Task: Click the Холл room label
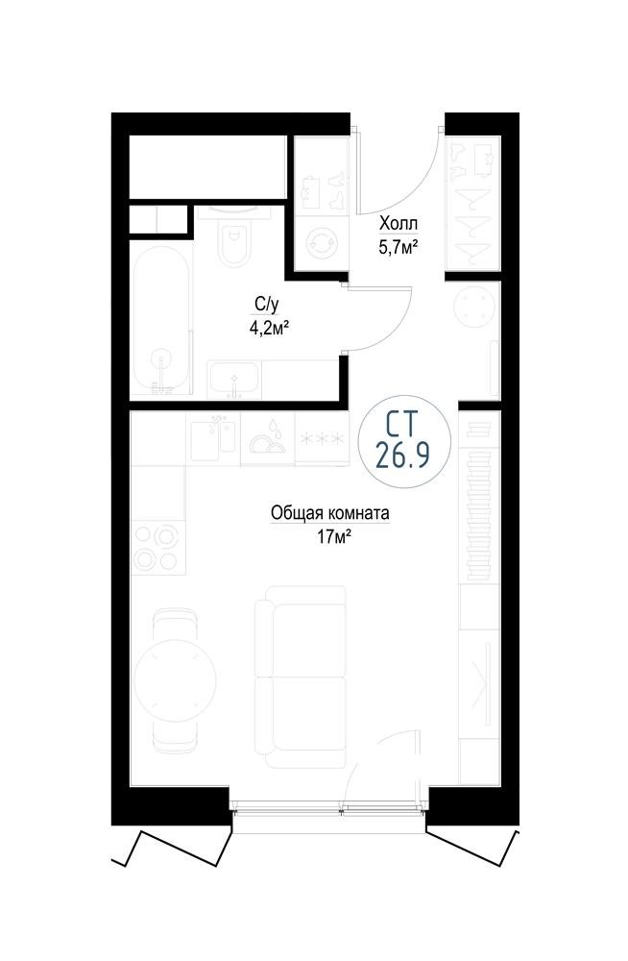(399, 222)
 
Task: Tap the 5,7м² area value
(399, 247)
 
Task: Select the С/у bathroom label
(263, 303)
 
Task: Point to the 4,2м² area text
(268, 329)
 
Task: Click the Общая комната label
(330, 513)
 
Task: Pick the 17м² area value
(334, 537)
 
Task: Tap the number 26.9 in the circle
(402, 456)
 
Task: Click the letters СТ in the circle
(402, 424)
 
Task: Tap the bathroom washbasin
(233, 380)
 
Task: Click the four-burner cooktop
(158, 548)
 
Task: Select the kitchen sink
(212, 437)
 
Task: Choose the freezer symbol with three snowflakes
(321, 439)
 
